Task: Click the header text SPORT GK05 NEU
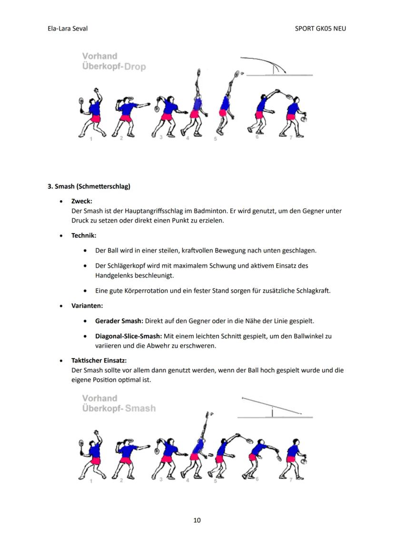coord(320,29)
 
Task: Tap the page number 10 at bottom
coord(197,520)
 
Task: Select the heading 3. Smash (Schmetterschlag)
coord(89,186)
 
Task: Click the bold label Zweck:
coord(81,201)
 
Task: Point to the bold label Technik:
coord(84,235)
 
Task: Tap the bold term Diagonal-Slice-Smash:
coord(128,336)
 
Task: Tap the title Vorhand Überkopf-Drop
coord(114,61)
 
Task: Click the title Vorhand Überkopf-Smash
coord(118,403)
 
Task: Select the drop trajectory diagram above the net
coord(276,67)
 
